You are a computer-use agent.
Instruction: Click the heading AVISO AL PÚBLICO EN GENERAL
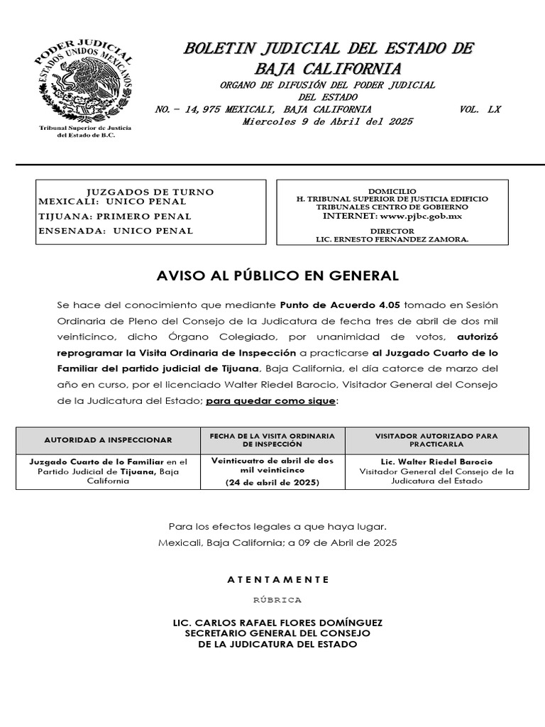point(277,275)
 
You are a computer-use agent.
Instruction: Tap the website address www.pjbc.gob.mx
point(422,216)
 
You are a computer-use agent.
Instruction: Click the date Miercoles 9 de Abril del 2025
point(327,121)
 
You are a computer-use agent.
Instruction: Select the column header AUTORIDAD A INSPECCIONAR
point(108,440)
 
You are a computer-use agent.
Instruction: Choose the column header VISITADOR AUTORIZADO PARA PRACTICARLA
point(436,439)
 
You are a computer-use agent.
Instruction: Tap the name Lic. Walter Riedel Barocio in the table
point(436,461)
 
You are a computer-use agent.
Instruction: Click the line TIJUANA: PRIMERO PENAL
point(114,217)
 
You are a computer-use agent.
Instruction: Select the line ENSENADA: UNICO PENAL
point(116,231)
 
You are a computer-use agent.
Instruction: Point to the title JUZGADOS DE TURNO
point(150,192)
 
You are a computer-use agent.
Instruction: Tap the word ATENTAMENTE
point(277,579)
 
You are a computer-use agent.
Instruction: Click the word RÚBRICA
point(277,600)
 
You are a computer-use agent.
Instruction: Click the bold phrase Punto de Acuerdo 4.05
point(341,305)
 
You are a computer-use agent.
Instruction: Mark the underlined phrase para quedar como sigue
point(271,401)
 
